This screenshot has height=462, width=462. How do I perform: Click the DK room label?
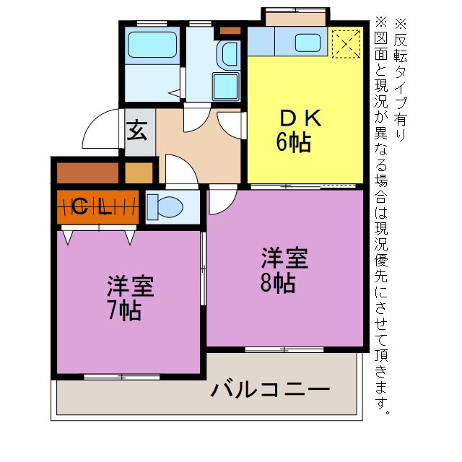coord(294,118)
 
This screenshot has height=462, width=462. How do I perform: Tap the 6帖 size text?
coord(293,143)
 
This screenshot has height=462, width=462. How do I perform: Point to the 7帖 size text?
coord(123,311)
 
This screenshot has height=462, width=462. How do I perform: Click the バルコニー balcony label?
coord(271,391)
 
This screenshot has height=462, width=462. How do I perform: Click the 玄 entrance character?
coord(138,131)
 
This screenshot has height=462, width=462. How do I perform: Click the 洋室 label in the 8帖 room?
coord(284,258)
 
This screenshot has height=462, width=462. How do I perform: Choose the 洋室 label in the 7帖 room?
coord(130,287)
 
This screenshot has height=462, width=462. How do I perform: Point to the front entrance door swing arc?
coord(101,130)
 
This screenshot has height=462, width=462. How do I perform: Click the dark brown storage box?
coord(87,173)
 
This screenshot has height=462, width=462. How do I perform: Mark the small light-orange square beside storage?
coord(139,173)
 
